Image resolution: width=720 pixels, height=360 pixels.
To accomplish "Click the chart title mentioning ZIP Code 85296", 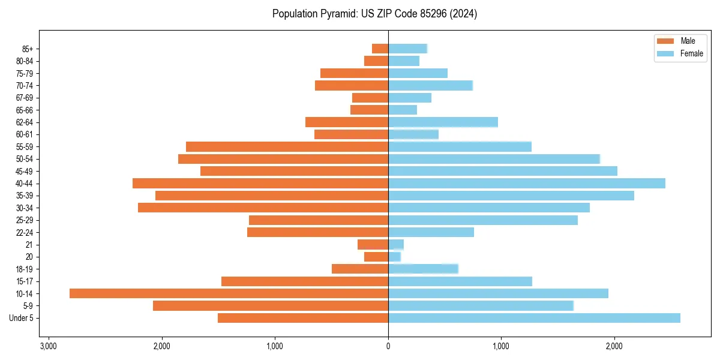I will (374, 14).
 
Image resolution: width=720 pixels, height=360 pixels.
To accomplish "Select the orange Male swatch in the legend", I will (665, 41).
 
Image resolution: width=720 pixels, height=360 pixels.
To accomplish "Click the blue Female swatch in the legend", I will (665, 53).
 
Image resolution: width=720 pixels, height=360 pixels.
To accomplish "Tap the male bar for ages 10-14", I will (229, 293).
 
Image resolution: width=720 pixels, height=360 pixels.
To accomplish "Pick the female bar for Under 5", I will (534, 318).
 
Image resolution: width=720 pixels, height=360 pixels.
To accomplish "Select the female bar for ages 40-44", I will (526, 184).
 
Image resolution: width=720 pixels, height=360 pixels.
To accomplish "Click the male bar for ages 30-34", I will (263, 208).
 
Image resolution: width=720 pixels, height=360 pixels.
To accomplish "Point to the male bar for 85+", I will (380, 49).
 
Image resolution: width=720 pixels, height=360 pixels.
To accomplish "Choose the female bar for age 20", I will (394, 257).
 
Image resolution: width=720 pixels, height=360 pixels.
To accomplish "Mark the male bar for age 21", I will (373, 245).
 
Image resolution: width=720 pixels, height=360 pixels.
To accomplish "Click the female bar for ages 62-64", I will (443, 122).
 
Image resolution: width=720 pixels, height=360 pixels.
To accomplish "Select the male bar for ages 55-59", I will (287, 147).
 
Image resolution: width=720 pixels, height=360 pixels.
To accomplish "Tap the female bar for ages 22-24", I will (431, 232).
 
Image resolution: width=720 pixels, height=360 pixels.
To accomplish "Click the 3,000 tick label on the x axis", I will (49, 346).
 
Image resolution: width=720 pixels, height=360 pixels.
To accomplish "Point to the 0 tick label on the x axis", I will (388, 346).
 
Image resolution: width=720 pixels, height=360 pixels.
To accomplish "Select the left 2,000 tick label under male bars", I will (161, 346).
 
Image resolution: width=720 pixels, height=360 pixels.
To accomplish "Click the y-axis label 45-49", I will (24, 172).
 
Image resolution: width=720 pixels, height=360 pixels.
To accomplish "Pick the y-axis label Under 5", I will (22, 318).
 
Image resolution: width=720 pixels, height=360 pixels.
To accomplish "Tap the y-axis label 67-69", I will (24, 98).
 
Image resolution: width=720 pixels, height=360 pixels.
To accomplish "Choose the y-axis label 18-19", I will (24, 269).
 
